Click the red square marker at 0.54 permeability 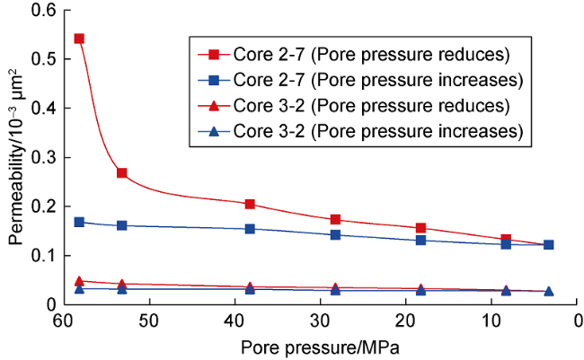(79, 39)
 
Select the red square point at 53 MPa (121, 172)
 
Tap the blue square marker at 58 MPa (79, 222)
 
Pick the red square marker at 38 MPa (250, 204)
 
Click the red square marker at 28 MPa (335, 219)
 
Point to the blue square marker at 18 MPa (420, 240)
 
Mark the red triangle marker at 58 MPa (79, 281)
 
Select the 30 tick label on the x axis (320, 320)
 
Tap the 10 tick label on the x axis (492, 320)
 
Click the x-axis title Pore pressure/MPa (319, 346)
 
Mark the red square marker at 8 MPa (506, 240)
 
